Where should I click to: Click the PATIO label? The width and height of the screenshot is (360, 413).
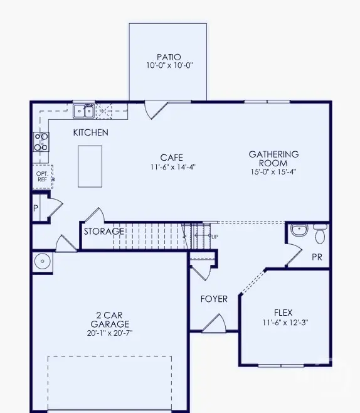pyautogui.click(x=167, y=56)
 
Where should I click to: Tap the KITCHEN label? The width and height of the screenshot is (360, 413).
pyautogui.click(x=90, y=132)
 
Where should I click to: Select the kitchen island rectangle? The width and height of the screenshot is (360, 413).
pyautogui.click(x=90, y=166)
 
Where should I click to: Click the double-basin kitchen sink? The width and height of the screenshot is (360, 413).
pyautogui.click(x=83, y=112)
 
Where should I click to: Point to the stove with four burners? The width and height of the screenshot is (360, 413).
pyautogui.click(x=41, y=142)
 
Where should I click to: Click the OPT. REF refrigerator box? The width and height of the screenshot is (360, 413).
pyautogui.click(x=43, y=176)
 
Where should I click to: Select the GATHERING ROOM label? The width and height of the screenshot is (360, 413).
pyautogui.click(x=273, y=158)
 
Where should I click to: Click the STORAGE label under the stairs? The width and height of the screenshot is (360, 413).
pyautogui.click(x=103, y=232)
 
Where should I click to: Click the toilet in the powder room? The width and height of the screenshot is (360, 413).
pyautogui.click(x=320, y=234)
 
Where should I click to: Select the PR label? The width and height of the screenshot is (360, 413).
pyautogui.click(x=317, y=257)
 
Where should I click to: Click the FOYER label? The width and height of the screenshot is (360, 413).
pyautogui.click(x=214, y=299)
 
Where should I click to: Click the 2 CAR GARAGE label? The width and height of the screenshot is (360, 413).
pyautogui.click(x=109, y=319)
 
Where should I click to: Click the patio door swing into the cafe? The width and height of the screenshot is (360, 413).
pyautogui.click(x=154, y=110)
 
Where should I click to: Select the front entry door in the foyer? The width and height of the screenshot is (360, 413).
pyautogui.click(x=213, y=324)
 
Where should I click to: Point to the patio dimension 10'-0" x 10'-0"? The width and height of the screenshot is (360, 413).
pyautogui.click(x=167, y=66)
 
